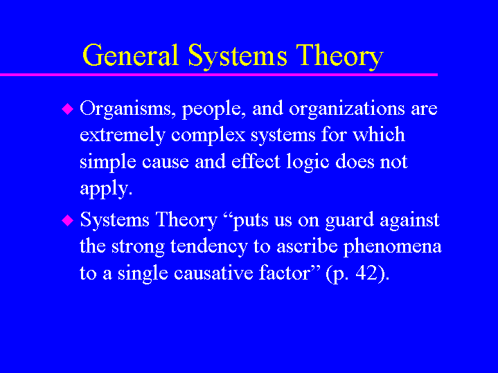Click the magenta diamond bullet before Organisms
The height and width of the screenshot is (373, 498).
(67, 109)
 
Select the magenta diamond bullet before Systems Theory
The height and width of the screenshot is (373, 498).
(67, 220)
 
